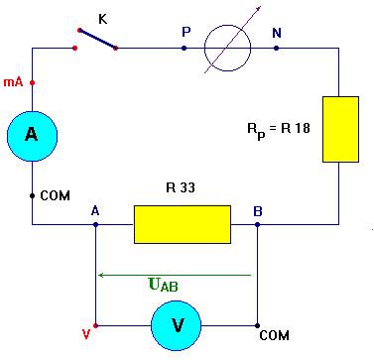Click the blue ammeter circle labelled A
(x=32, y=137)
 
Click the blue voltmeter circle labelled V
(x=177, y=324)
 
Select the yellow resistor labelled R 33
(x=182, y=225)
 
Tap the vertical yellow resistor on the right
(x=339, y=129)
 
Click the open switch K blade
(x=96, y=39)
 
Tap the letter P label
(x=186, y=32)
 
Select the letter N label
(x=277, y=32)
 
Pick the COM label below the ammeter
(x=56, y=195)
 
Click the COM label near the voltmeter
(x=274, y=336)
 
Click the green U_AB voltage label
(x=163, y=286)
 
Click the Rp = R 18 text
(x=280, y=128)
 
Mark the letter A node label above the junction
(x=95, y=210)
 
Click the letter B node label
(x=258, y=210)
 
